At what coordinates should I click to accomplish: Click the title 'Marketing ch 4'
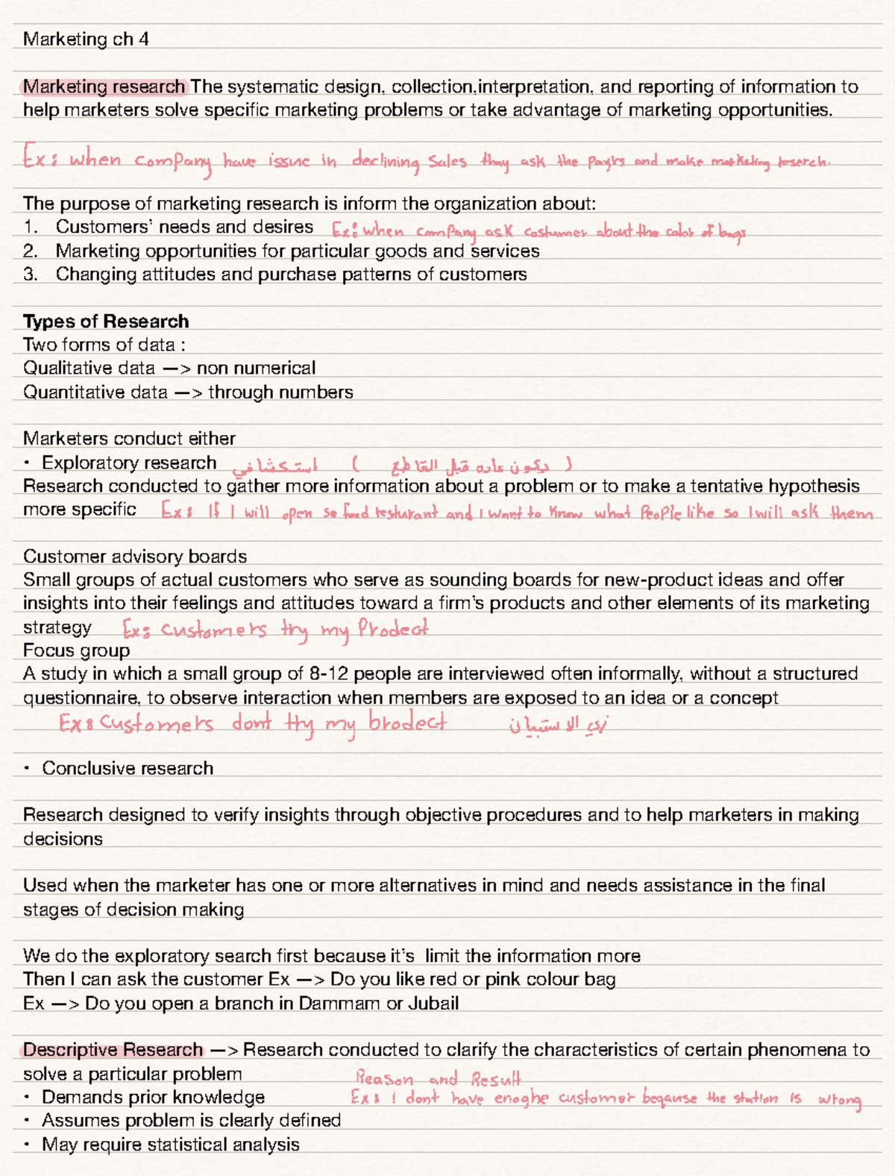click(86, 39)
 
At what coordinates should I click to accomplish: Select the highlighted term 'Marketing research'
click(104, 87)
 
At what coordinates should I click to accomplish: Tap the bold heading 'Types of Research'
click(106, 321)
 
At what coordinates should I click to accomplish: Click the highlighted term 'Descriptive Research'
click(113, 1050)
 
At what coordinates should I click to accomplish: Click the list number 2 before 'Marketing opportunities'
click(29, 251)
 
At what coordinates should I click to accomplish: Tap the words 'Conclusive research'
click(128, 768)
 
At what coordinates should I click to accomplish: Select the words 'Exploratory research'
click(129, 463)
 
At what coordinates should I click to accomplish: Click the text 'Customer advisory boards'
click(135, 556)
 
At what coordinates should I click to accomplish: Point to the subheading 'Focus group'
click(76, 650)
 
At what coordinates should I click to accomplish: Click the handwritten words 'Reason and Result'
click(438, 1078)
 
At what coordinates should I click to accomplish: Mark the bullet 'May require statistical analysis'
click(170, 1144)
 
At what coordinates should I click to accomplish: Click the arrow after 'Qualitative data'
click(176, 369)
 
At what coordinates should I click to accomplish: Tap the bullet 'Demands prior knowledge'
click(153, 1097)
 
